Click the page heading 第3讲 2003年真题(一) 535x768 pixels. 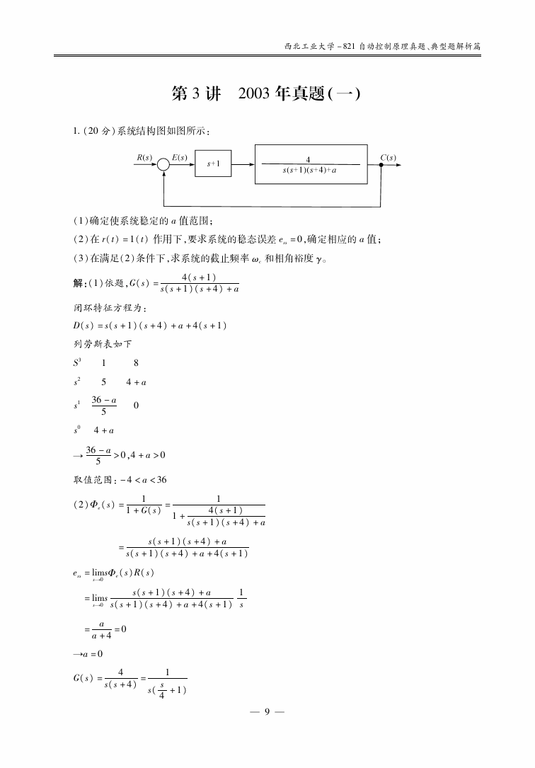(x=267, y=95)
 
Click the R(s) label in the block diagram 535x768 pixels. (x=144, y=157)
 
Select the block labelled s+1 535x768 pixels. (x=214, y=164)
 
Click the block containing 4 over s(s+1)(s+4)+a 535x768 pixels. (x=311, y=165)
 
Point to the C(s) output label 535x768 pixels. (x=388, y=157)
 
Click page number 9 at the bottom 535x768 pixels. (x=267, y=711)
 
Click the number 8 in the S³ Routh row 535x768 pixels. (x=135, y=363)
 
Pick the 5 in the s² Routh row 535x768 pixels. (x=103, y=383)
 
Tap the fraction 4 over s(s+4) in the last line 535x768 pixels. (x=120, y=677)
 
